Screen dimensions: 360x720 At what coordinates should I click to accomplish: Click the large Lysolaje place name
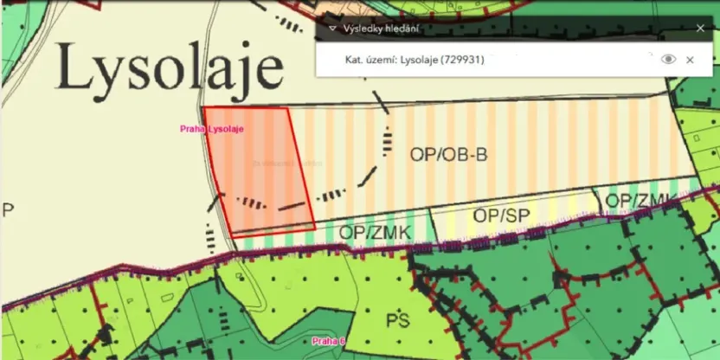(x=170, y=68)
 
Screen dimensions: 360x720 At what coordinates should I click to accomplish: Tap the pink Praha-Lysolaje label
(x=212, y=130)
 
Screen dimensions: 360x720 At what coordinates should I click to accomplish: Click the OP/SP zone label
(x=500, y=215)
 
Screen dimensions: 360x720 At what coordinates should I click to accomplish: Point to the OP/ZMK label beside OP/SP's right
(x=640, y=201)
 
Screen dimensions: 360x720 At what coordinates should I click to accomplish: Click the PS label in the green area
(x=397, y=321)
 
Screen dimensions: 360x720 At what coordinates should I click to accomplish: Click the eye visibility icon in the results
(x=667, y=60)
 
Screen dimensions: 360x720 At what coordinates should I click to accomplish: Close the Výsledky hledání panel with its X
(x=700, y=28)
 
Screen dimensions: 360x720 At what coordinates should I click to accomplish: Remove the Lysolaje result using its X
(x=690, y=60)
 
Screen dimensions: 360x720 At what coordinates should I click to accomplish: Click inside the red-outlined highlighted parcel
(x=258, y=169)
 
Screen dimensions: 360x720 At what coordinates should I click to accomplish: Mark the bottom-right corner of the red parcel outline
(x=315, y=227)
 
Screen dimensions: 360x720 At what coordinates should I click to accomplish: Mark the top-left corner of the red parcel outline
(x=202, y=108)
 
